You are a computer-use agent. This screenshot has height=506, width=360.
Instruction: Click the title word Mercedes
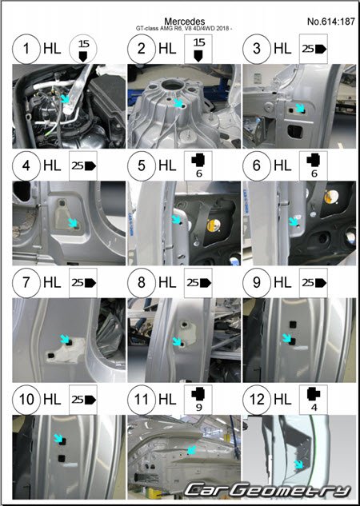point(184,22)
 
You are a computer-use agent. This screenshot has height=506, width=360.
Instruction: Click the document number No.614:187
point(331,22)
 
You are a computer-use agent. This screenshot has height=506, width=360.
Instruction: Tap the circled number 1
point(26,49)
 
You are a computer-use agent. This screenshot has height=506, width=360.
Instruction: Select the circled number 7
point(26,283)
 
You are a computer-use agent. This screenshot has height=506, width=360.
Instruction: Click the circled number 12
point(257,400)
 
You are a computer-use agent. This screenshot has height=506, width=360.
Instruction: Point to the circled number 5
point(142,166)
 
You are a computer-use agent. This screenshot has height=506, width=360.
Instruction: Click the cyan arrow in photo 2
point(178,103)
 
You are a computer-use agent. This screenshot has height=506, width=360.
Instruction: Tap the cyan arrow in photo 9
point(286,338)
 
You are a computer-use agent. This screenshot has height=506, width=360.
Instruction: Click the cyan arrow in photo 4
point(73,223)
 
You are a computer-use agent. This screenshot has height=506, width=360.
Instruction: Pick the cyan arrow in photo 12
point(299,464)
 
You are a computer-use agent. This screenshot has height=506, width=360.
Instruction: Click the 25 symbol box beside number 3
point(314,49)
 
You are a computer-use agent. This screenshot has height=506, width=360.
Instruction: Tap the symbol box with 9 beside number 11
point(198,400)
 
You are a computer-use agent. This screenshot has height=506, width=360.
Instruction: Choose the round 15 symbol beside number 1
point(83,49)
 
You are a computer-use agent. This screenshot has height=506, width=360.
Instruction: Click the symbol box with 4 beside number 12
point(314,400)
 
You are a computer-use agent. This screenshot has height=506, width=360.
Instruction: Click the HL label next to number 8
point(167,283)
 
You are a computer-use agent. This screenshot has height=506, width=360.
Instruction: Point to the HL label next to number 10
point(52,400)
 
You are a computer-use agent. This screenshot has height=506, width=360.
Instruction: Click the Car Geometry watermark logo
point(267,491)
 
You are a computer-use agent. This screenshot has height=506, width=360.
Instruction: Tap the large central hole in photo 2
point(173,85)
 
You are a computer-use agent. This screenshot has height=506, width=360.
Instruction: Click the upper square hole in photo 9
point(293,324)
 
